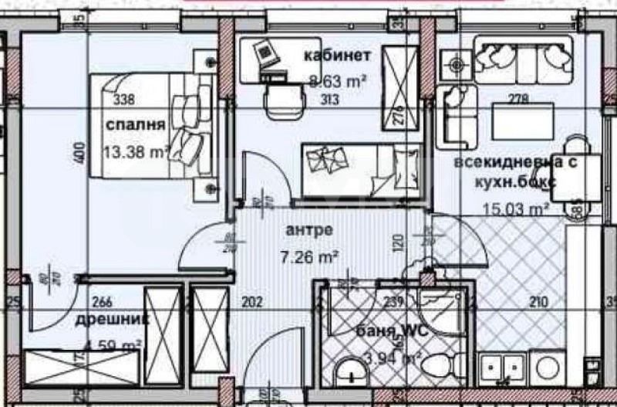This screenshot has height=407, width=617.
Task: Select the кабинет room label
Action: (338, 56)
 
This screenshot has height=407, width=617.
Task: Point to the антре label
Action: (308, 229)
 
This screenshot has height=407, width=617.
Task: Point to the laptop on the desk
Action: (265, 53)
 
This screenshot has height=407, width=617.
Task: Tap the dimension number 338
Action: (123, 99)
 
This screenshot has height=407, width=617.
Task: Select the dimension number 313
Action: (329, 99)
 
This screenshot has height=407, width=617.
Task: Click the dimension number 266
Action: (101, 302)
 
